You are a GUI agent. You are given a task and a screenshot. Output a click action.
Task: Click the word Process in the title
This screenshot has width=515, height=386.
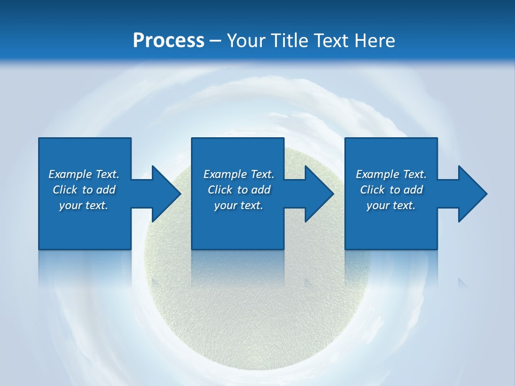tap(168, 41)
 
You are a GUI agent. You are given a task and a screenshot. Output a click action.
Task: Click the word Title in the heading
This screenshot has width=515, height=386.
tap(291, 41)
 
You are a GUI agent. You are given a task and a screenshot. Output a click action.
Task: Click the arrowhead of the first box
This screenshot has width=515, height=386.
tap(166, 194)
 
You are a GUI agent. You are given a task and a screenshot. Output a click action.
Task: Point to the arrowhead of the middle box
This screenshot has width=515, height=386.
tap(319, 194)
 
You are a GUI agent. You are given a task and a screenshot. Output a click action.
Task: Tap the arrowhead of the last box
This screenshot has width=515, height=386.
tap(473, 194)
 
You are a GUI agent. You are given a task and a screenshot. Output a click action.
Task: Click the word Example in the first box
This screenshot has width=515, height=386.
tap(70, 174)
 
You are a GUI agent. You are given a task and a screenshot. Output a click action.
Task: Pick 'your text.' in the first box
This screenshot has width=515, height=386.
tap(84, 205)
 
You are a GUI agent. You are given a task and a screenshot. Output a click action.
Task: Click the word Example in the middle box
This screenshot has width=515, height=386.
tap(225, 174)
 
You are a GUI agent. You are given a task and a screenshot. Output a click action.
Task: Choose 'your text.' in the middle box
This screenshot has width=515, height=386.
tap(238, 205)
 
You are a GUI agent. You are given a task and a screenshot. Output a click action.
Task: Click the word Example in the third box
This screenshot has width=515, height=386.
tap(378, 174)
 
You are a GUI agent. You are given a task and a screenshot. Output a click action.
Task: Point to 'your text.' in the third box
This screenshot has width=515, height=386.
tap(391, 205)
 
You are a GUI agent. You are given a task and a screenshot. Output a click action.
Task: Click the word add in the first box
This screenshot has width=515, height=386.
tap(106, 190)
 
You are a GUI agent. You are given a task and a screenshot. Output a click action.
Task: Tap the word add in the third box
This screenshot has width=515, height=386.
tap(413, 190)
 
